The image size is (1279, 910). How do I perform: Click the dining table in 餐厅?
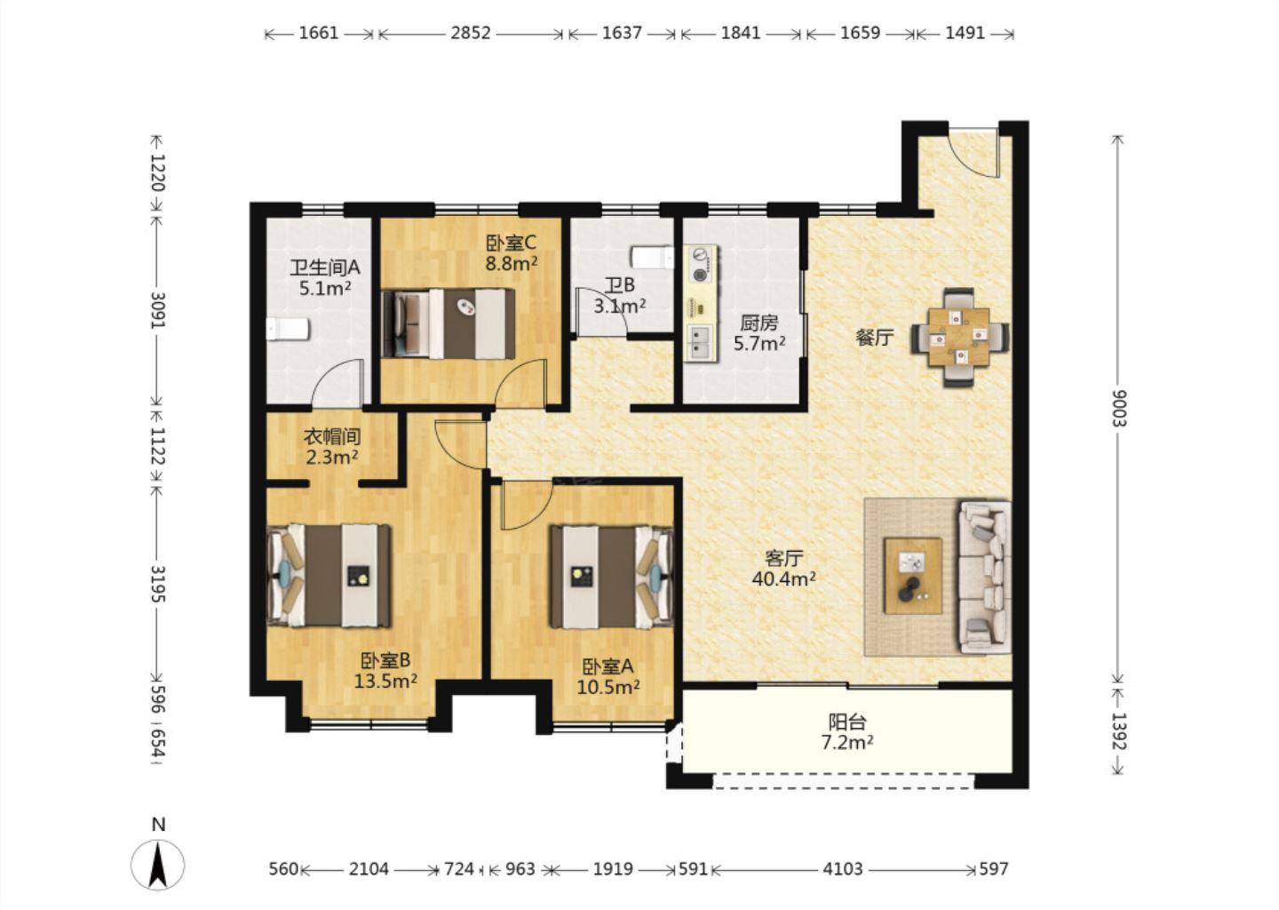pyautogui.click(x=959, y=337)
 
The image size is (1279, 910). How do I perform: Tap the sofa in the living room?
pyautogui.click(x=986, y=578)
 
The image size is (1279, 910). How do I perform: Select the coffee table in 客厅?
pyautogui.click(x=913, y=576)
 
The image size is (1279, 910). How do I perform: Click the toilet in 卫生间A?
pyautogui.click(x=289, y=330)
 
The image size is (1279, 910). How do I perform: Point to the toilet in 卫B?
pyautogui.click(x=652, y=257)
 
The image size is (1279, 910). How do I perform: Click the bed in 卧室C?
pyautogui.click(x=449, y=323)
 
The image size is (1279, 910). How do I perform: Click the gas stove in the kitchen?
pyautogui.click(x=701, y=265)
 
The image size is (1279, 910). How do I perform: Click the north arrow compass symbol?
pyautogui.click(x=157, y=865)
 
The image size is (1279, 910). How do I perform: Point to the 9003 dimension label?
pyautogui.click(x=1118, y=409)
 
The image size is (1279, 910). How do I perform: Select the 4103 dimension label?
pyautogui.click(x=843, y=869)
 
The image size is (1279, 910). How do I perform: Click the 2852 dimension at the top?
pyautogui.click(x=471, y=33)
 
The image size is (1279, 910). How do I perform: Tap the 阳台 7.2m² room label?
pyautogui.click(x=847, y=732)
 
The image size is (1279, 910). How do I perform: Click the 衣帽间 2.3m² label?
pyautogui.click(x=332, y=447)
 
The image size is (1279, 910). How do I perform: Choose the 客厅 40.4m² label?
pyautogui.click(x=784, y=569)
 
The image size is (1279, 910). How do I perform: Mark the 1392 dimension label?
pyautogui.click(x=1118, y=731)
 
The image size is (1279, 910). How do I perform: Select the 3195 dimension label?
pyautogui.click(x=157, y=584)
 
